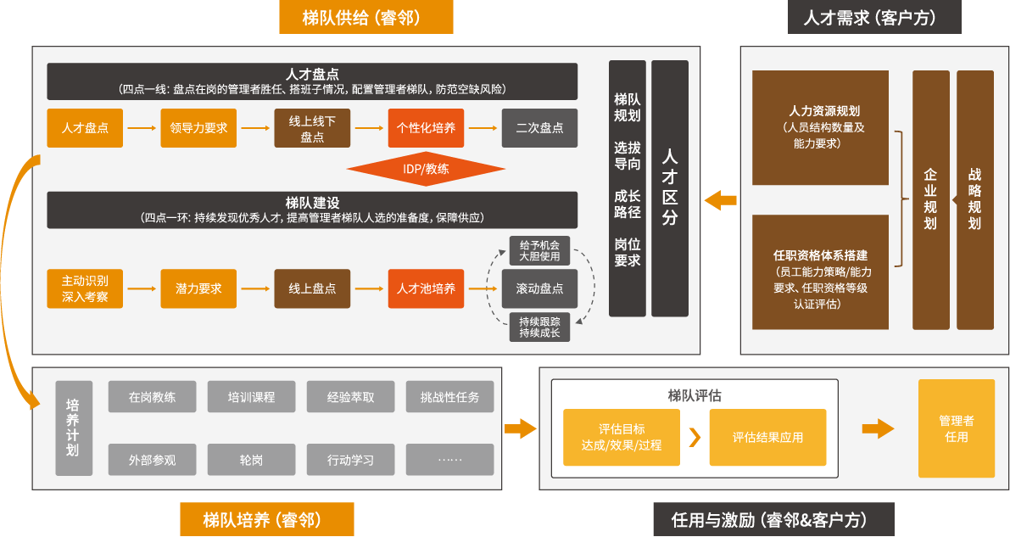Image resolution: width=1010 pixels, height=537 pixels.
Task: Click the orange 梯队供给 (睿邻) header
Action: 365,17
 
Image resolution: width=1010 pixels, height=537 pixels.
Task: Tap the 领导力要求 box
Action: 198,128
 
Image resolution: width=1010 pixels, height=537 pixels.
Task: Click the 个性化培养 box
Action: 426,128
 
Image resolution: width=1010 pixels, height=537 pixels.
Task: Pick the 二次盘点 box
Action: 539,128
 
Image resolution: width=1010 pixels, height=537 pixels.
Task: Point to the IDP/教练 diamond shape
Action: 426,167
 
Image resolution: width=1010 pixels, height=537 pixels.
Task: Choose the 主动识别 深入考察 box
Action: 85,288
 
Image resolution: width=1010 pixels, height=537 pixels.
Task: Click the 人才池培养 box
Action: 426,288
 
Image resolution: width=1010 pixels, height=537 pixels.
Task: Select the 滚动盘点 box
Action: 539,288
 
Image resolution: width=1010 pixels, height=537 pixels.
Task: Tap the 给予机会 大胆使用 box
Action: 539,250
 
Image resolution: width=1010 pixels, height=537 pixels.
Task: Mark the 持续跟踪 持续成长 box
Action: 539,327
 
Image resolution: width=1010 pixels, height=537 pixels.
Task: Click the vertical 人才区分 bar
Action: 670,187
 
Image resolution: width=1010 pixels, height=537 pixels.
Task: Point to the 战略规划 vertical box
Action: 974,200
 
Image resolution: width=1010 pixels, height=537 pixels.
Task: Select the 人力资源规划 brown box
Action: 820,127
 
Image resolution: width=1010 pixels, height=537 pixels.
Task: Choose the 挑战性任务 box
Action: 449,396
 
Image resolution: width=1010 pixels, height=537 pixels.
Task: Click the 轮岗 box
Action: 251,460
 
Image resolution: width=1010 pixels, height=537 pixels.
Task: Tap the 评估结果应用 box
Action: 767,438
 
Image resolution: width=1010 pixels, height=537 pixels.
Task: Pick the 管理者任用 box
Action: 956,428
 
